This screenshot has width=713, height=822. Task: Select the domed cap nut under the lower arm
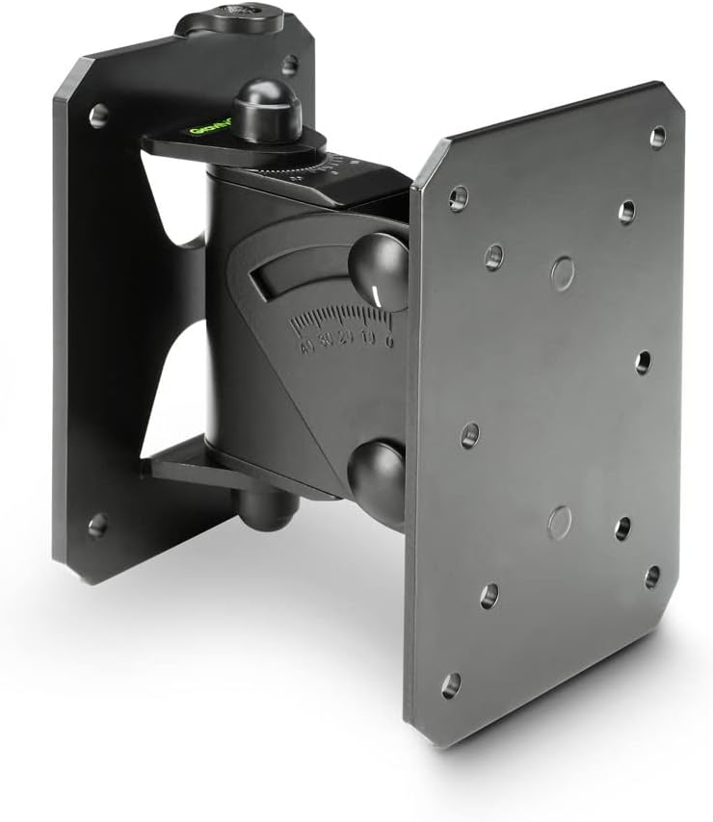[266, 507]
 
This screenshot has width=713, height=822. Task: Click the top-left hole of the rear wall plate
[97, 117]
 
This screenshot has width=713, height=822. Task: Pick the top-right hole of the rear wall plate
[289, 65]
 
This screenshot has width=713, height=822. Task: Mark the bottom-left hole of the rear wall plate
[97, 525]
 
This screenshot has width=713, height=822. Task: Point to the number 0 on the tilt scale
[388, 339]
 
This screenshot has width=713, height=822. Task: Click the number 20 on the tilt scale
[347, 344]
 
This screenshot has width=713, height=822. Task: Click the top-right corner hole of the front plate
[657, 137]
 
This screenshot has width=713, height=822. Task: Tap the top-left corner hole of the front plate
[458, 198]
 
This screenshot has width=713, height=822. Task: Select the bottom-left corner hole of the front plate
[451, 685]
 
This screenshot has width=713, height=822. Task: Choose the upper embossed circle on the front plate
[563, 273]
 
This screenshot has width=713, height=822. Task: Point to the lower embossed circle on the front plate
[560, 523]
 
